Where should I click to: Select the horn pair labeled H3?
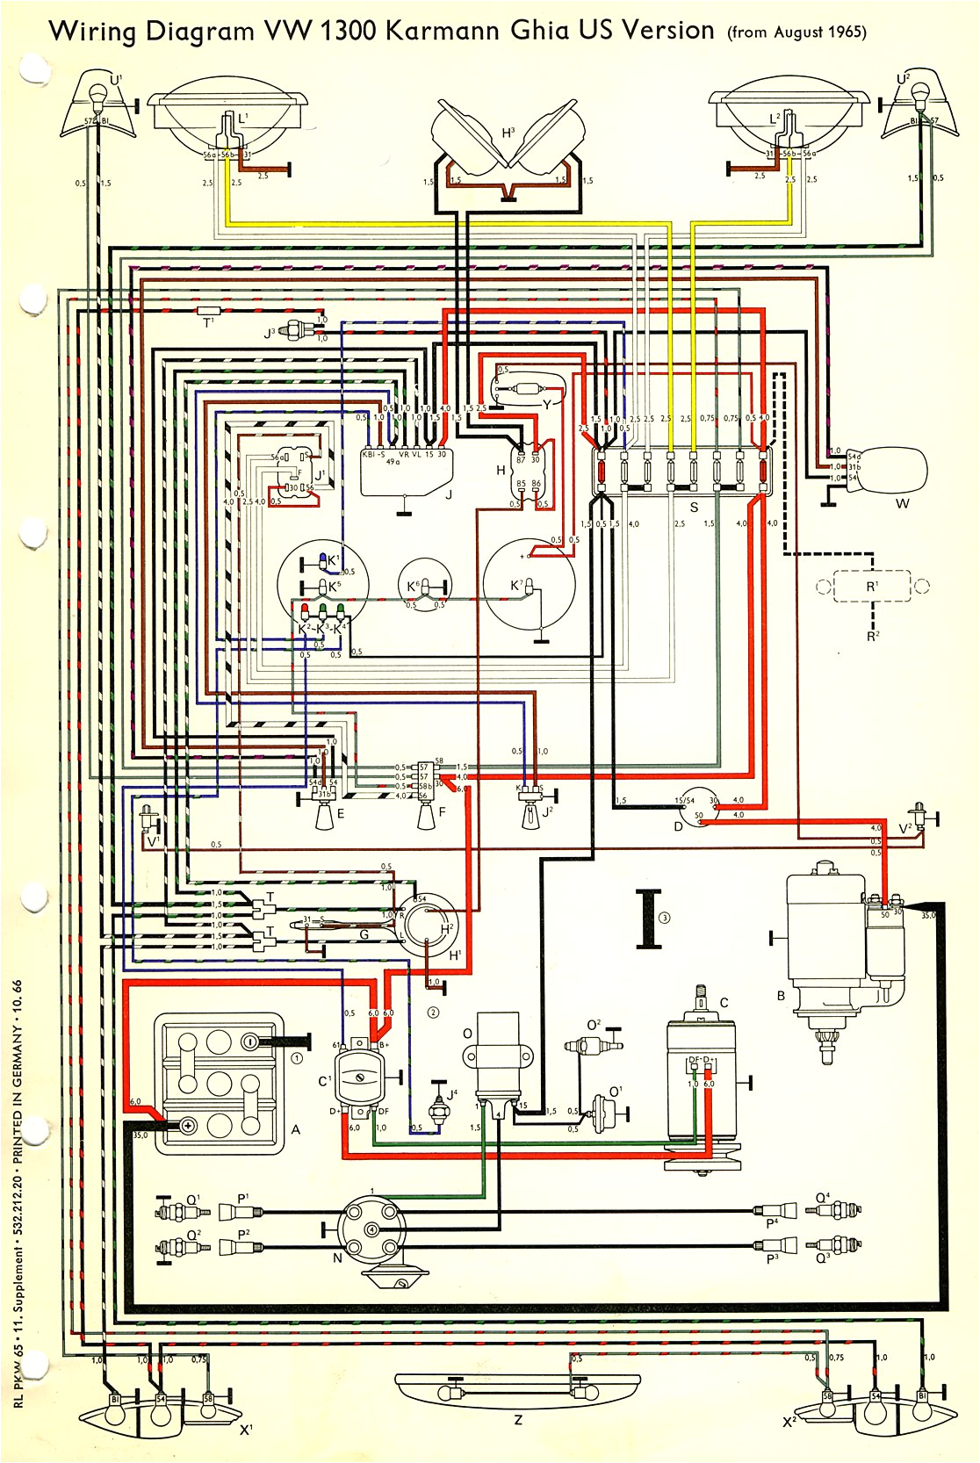[x=508, y=135]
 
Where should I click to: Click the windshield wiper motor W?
[x=893, y=471]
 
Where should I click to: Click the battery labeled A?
[x=220, y=1082]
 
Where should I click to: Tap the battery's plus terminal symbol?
[x=186, y=1126]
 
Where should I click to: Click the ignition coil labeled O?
[x=496, y=1058]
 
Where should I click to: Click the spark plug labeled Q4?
[x=830, y=1210]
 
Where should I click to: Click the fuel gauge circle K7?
[x=530, y=584]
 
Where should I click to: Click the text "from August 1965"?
[x=797, y=32]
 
